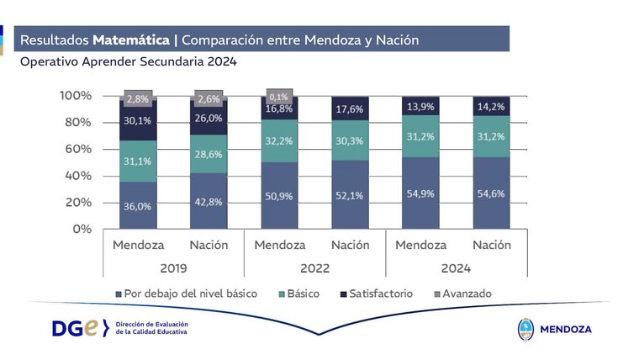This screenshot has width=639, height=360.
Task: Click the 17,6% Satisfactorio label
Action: click(350, 109)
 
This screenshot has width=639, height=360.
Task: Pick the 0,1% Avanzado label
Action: click(278, 94)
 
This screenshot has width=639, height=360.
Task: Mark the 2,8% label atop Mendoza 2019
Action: click(137, 98)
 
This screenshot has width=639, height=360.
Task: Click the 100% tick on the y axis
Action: click(75, 96)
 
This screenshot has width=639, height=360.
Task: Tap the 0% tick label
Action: click(82, 229)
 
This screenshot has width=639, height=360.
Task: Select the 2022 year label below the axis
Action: click(314, 268)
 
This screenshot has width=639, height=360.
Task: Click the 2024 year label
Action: click(455, 268)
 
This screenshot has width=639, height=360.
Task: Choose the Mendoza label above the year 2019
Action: click(138, 245)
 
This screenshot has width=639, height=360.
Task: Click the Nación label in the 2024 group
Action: click(492, 245)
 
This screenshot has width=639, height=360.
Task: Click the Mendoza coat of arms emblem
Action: click(525, 328)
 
